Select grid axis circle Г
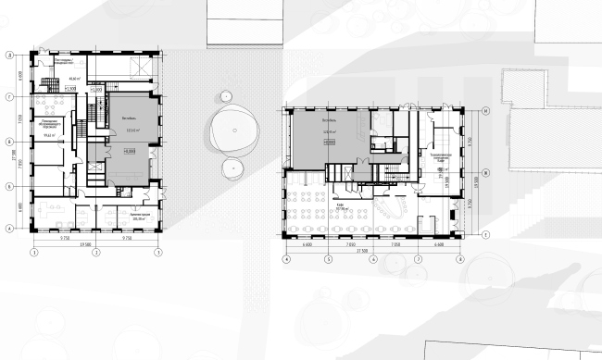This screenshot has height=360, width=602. point(8,96)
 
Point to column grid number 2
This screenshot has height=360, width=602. point(94,251)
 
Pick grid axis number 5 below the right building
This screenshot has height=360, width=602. point(329,260)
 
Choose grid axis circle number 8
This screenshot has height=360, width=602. point(461,260)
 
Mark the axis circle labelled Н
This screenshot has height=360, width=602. point(484,109)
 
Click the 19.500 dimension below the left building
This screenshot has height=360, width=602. point(94,244)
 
